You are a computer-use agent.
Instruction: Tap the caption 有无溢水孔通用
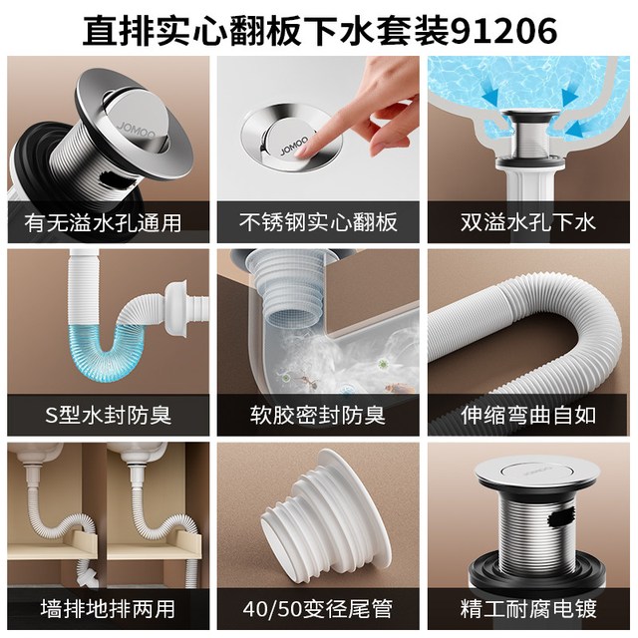103,223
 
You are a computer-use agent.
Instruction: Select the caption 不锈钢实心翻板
318,222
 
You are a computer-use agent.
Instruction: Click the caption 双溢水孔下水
528,222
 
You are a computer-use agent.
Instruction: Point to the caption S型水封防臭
108,416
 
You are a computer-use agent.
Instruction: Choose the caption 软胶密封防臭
318,416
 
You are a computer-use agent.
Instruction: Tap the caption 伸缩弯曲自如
528,416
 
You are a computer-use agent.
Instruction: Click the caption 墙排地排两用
108,609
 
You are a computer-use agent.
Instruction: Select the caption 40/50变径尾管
318,609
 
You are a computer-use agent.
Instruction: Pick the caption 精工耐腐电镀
528,609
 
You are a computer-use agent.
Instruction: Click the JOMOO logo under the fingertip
294,146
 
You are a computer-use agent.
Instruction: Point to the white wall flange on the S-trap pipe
176,308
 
